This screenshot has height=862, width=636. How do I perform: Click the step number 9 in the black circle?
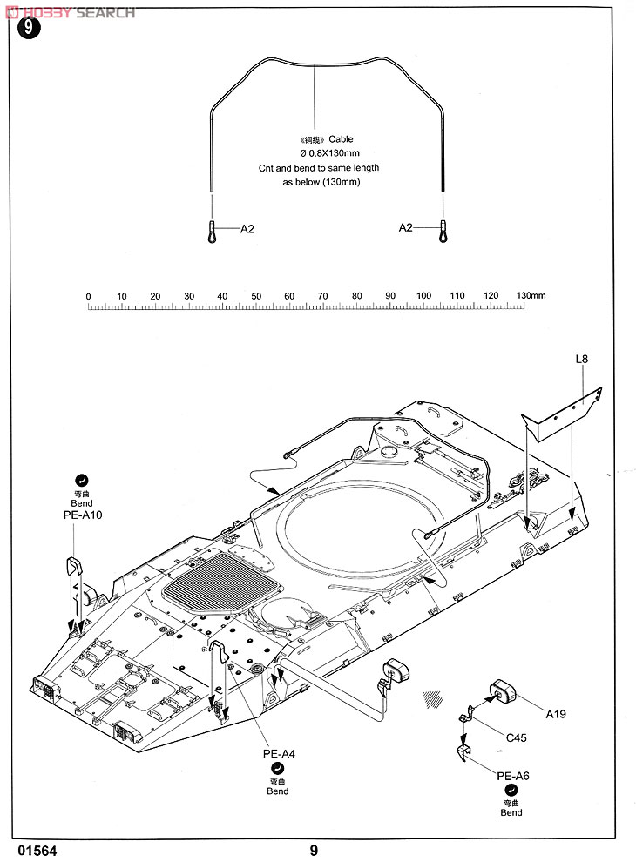pos(29,28)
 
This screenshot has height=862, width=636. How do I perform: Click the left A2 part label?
pos(247,229)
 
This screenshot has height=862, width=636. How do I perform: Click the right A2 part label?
pos(405,227)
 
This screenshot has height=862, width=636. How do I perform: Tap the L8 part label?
pos(581,359)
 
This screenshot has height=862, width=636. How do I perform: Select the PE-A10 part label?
pos(83,515)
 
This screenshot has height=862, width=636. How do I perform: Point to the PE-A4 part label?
pos(279,754)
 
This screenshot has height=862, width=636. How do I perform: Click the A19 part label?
pos(556,714)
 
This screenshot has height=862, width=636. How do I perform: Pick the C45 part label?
pos(516,737)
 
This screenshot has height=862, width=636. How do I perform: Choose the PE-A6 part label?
pos(513,776)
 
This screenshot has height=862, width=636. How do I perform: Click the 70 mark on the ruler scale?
pos(323,296)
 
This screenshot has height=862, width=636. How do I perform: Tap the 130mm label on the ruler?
pos(531,295)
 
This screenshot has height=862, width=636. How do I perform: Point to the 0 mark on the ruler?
pos(88,297)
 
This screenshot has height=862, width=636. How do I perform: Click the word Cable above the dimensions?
pos(342,139)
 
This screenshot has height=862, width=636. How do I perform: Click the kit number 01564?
pos(37,851)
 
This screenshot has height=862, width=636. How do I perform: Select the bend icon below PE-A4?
pos(277,768)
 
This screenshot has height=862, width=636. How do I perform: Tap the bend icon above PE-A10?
pos(81,481)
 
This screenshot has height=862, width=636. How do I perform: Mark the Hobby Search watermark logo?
pos(70,13)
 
